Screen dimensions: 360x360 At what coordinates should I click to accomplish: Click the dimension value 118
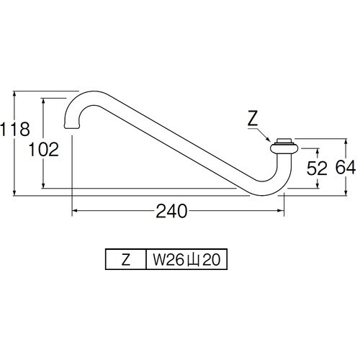pyautogui.click(x=15, y=129)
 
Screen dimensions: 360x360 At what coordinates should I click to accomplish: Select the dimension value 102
pyautogui.click(x=44, y=150)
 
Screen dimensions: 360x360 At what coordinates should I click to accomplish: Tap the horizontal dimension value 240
pyautogui.click(x=171, y=211)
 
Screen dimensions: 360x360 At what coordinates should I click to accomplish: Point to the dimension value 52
pyautogui.click(x=317, y=168)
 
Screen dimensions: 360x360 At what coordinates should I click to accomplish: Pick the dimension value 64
pyautogui.click(x=346, y=167)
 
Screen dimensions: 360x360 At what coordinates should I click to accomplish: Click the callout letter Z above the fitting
pyautogui.click(x=253, y=119)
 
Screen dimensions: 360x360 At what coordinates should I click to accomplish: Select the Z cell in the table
pyautogui.click(x=126, y=259)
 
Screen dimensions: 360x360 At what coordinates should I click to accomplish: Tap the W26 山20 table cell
pyautogui.click(x=186, y=259)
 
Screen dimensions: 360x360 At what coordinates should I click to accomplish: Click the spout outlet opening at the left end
pyautogui.click(x=72, y=127)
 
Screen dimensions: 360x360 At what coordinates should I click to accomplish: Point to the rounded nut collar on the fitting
pyautogui.click(x=284, y=148)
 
